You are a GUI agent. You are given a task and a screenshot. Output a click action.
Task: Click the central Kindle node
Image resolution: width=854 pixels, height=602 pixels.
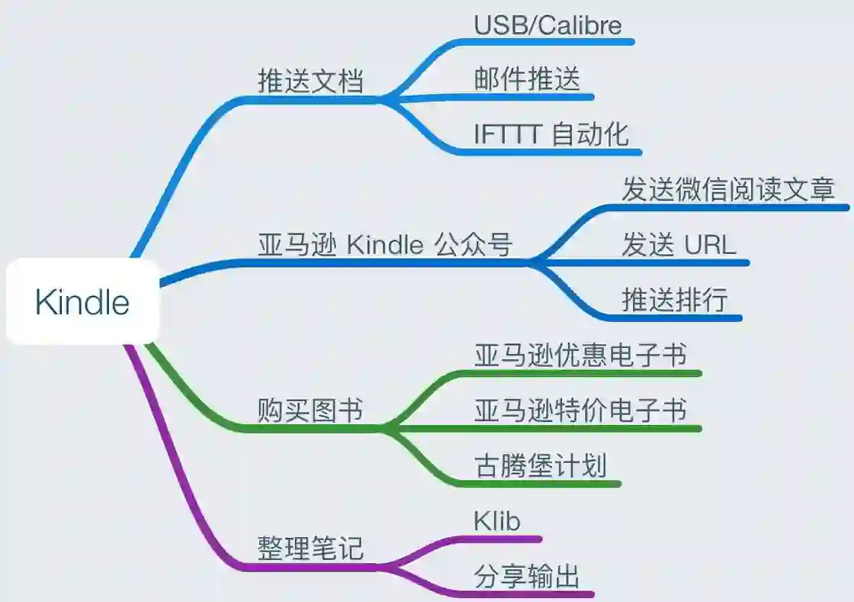point(82,303)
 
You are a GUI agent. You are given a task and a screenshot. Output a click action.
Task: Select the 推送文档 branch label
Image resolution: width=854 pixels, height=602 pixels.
point(310,81)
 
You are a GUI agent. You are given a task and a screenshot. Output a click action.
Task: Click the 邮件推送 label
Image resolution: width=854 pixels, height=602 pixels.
point(527,79)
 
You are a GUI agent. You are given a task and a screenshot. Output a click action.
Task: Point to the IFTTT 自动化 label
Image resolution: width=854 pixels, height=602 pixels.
point(551,134)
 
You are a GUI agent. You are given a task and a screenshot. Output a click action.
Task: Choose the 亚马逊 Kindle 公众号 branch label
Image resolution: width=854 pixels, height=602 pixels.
point(385,246)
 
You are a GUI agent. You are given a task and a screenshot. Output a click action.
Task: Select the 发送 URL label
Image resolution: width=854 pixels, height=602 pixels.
point(679,245)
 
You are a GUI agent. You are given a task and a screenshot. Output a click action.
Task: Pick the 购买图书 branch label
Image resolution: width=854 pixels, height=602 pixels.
point(310,411)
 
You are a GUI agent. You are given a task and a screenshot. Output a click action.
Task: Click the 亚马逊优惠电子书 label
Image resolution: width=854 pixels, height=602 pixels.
point(580,355)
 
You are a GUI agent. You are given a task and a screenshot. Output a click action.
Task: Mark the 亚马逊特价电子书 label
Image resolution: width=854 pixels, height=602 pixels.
point(580,410)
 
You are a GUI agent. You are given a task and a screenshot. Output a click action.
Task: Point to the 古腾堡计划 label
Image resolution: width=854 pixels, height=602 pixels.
point(541,465)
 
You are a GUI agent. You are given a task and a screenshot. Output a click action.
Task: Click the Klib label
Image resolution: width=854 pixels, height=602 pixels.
point(496,521)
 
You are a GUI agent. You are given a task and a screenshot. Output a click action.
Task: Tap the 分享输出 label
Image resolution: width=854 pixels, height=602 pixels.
point(527,576)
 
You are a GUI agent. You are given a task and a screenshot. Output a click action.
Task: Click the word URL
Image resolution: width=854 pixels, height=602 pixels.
point(710,245)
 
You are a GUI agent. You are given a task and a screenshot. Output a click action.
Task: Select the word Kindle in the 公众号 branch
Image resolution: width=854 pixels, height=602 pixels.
point(385,246)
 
